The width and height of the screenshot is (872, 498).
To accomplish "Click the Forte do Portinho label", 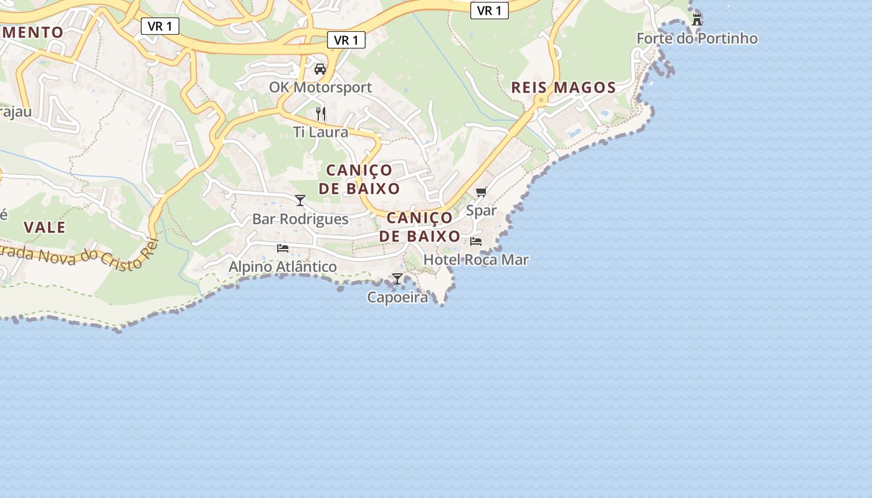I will [x=697, y=39].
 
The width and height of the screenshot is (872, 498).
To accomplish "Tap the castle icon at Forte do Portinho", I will [x=697, y=19].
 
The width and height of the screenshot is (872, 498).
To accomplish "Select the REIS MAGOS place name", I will [x=563, y=88].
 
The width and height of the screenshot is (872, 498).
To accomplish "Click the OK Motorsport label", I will [x=320, y=87].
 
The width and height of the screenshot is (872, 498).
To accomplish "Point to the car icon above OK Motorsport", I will [x=320, y=68].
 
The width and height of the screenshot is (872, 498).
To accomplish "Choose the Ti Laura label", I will [x=320, y=132].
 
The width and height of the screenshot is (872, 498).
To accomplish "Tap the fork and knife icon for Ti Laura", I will [x=320, y=113].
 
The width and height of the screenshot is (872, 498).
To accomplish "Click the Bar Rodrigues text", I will [x=300, y=219].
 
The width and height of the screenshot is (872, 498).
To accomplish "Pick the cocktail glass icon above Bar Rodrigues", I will [x=300, y=200].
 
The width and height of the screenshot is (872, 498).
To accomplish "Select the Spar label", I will [x=481, y=210].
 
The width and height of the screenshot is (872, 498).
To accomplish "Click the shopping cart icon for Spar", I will [x=481, y=192].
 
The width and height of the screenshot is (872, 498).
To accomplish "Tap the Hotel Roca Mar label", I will [x=476, y=260].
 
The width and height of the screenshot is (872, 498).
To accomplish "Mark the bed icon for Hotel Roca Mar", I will [x=476, y=241].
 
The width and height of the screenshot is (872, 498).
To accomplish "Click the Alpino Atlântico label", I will [x=283, y=266].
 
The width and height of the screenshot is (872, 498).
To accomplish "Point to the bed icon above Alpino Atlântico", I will [x=283, y=248].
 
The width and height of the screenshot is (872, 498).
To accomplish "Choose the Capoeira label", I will [x=397, y=297].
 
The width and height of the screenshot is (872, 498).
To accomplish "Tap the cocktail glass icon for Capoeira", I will [x=397, y=278].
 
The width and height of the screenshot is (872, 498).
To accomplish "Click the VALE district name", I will [x=45, y=227].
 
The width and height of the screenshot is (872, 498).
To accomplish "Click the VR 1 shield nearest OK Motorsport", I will [x=346, y=40].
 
